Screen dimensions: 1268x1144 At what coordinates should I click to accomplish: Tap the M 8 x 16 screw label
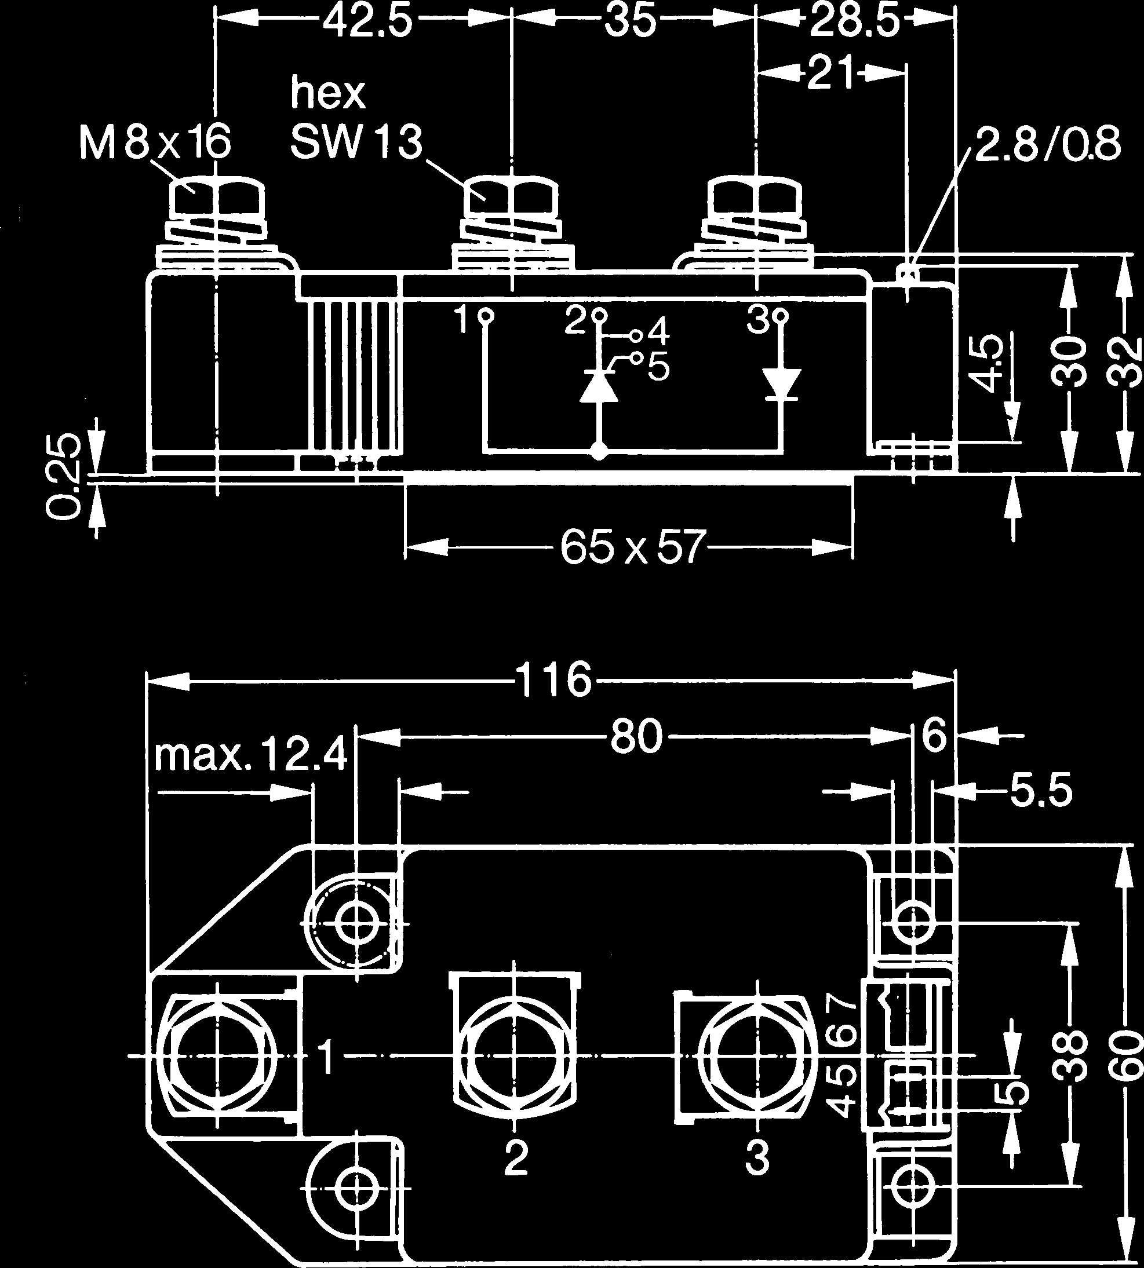tap(155, 142)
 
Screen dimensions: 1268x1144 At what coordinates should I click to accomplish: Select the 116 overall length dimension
tap(553, 680)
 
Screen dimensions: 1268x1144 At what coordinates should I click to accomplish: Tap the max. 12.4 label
tap(250, 755)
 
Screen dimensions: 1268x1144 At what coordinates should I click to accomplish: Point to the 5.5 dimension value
tap(1040, 791)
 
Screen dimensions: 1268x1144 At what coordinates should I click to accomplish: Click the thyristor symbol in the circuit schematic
tap(599, 385)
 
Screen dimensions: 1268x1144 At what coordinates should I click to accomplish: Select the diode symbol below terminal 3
tap(781, 385)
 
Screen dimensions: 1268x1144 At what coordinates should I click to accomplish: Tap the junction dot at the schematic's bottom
tap(599, 451)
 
